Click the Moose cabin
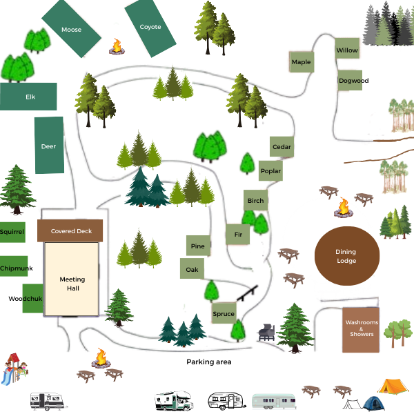71,30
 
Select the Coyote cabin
150,28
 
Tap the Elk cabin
29,97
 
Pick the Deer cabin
49,146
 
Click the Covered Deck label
71,231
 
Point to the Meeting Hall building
72,283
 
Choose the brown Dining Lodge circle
346,256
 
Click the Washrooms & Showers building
360,330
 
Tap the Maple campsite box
301,62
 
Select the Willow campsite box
347,50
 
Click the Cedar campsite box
282,147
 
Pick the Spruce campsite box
224,314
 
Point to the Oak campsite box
191,268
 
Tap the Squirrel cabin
12,233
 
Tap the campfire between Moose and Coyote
117,47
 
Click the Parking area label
208,362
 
